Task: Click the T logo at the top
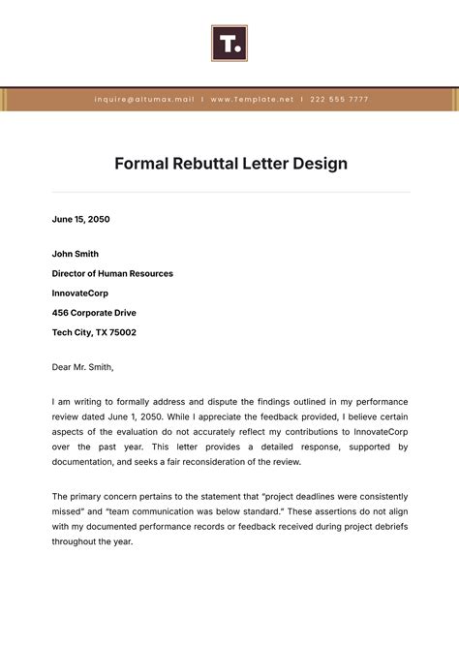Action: click(x=229, y=44)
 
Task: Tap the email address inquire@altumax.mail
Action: click(x=144, y=99)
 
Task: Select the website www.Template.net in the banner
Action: click(x=252, y=99)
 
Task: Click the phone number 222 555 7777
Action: click(x=339, y=99)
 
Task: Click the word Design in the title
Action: click(x=321, y=164)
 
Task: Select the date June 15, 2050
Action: click(x=80, y=219)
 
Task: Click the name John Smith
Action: click(x=76, y=255)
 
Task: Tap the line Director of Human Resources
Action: click(x=112, y=274)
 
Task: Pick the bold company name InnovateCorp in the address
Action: click(x=81, y=293)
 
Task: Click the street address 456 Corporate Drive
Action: click(x=94, y=313)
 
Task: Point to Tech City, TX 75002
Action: click(x=94, y=332)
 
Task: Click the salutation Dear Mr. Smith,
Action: click(x=82, y=367)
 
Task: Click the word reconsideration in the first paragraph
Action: click(x=222, y=463)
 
